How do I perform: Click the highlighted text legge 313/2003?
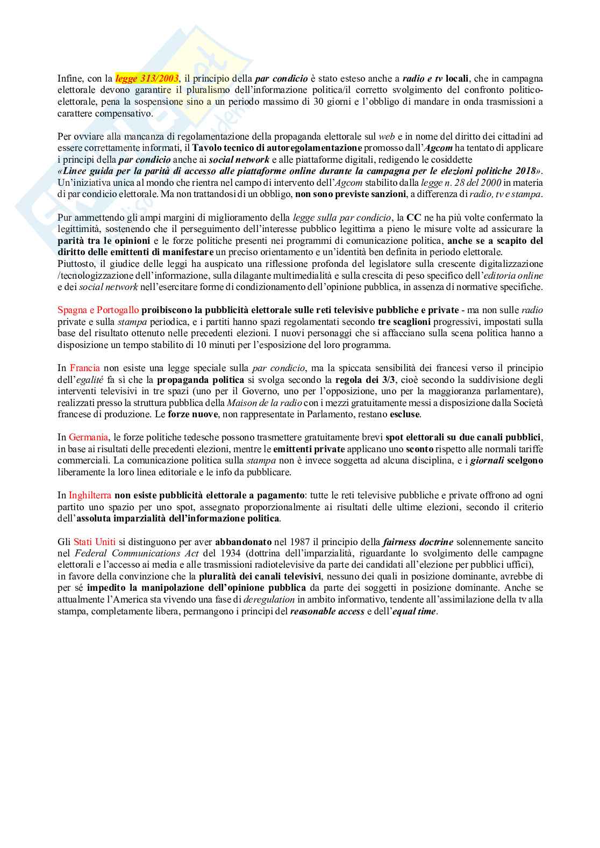(147, 79)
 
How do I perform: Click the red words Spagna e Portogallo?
(98, 310)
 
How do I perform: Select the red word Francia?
(84, 368)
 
